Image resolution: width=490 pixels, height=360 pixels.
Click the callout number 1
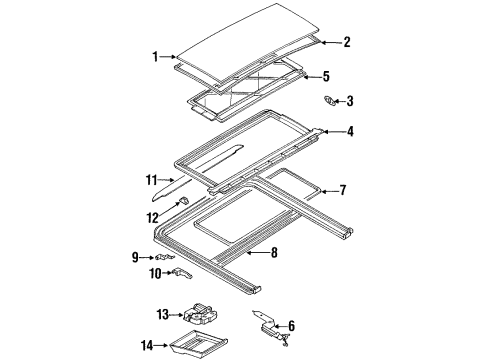click(x=155, y=57)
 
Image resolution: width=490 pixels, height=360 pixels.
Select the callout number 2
click(x=347, y=42)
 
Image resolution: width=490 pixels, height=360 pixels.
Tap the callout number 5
click(x=326, y=76)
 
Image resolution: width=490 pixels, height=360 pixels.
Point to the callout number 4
click(x=350, y=132)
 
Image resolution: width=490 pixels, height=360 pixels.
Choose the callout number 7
click(x=343, y=190)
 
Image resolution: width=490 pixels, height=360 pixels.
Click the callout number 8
click(x=274, y=253)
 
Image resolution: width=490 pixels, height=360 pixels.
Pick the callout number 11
click(x=152, y=180)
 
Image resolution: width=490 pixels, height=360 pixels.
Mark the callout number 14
click(x=147, y=345)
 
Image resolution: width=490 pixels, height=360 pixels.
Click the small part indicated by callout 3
click(x=330, y=101)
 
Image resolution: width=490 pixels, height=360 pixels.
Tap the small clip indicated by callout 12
click(x=184, y=200)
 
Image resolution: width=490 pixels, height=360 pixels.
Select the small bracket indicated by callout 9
click(x=164, y=257)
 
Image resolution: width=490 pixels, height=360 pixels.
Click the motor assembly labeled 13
click(x=200, y=314)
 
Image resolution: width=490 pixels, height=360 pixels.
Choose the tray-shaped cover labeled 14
click(x=198, y=342)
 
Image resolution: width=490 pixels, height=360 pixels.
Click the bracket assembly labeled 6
click(x=271, y=327)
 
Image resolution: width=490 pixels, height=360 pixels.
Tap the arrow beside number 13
click(x=176, y=314)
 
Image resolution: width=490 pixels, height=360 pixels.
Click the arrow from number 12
click(x=170, y=208)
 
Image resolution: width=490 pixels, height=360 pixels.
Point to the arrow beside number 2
click(x=331, y=42)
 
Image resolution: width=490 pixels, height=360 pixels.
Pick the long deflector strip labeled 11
click(x=197, y=172)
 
